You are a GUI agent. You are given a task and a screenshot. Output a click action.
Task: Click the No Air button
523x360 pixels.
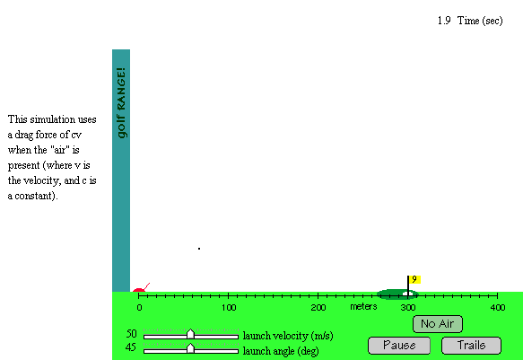click(x=437, y=324)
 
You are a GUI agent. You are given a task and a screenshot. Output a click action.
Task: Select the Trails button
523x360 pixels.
click(x=471, y=346)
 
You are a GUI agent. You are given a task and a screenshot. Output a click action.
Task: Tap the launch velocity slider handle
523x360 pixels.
click(x=190, y=334)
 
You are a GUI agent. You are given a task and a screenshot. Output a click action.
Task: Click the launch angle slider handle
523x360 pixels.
click(x=190, y=348)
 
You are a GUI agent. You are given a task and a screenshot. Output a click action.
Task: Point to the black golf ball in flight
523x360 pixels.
click(x=199, y=249)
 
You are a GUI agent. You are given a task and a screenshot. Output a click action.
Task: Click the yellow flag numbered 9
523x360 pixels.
click(x=414, y=279)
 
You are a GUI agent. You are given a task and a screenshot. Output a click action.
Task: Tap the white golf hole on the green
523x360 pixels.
click(x=407, y=294)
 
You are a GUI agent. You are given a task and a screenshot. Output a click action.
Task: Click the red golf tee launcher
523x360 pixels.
click(x=141, y=288)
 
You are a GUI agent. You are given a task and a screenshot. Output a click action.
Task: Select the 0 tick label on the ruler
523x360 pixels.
click(x=139, y=307)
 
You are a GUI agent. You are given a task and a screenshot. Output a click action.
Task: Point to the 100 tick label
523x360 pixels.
click(x=229, y=307)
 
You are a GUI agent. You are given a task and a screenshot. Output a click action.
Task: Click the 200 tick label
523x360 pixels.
click(x=318, y=307)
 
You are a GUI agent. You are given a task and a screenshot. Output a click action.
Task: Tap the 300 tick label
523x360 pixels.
click(x=408, y=307)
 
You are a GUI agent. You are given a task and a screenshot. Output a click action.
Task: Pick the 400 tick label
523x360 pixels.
click(x=498, y=307)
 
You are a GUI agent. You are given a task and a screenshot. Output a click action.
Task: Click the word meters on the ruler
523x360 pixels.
click(x=363, y=307)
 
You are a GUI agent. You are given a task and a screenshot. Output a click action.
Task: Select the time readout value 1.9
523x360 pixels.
click(x=444, y=21)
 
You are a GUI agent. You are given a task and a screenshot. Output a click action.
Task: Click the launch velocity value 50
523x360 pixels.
click(x=131, y=334)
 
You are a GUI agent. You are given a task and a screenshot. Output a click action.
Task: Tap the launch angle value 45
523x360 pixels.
click(x=131, y=347)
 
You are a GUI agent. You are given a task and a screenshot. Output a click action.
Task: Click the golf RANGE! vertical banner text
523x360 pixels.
click(x=121, y=102)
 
